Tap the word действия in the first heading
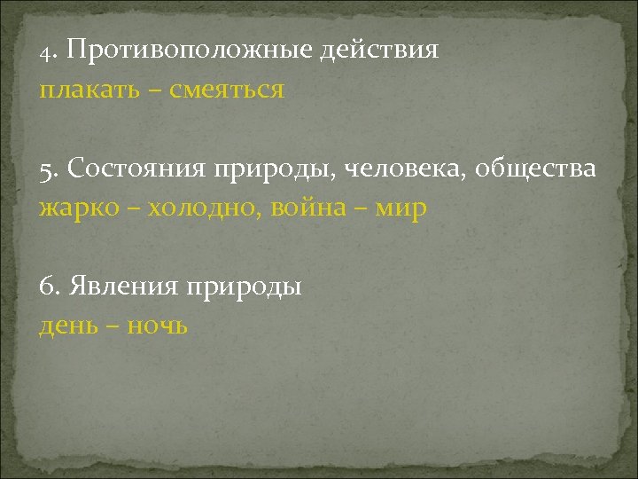[x=386, y=50]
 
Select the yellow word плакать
[x=83, y=90]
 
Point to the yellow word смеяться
[x=229, y=90]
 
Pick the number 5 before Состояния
[x=45, y=169]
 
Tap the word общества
[x=537, y=169]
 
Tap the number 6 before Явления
[x=46, y=288]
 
